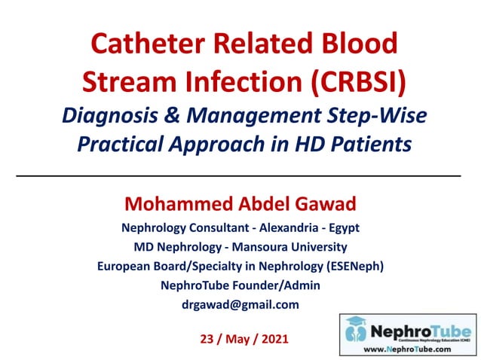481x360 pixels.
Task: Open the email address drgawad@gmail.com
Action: (x=240, y=304)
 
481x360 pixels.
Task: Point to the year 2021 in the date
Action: (x=271, y=339)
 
